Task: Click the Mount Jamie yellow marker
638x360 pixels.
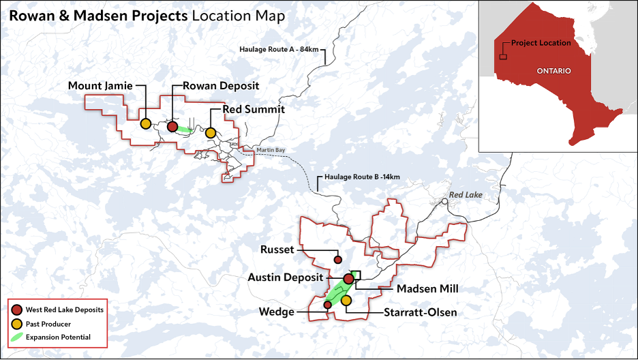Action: point(145,124)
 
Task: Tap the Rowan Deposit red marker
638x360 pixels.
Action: point(172,126)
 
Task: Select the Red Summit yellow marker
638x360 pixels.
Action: point(211,132)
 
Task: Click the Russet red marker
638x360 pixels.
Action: point(337,260)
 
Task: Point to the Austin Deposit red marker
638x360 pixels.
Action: point(348,278)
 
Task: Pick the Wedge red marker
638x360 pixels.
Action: point(327,305)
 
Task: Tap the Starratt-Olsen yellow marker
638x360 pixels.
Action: point(346,301)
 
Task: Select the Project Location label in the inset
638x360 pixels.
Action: point(541,43)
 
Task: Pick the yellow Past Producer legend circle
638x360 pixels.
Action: point(17,323)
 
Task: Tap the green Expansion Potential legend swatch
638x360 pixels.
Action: point(17,337)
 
